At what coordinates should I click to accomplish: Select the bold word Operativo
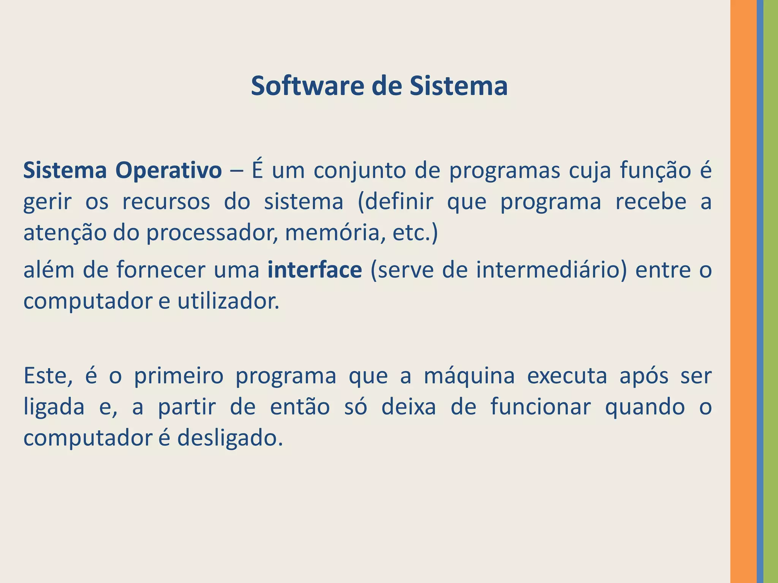pos(168,170)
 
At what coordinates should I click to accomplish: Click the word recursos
pos(166,202)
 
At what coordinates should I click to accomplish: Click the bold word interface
pos(315,270)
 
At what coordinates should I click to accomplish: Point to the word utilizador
pos(228,301)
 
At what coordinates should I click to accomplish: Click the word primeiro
pos(179,376)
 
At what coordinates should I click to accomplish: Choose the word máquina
pos(469,376)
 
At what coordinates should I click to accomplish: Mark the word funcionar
pos(540,407)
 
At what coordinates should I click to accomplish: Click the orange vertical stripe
pos(743,291)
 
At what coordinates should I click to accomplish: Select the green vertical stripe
pos(771,291)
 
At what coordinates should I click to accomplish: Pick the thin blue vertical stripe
pos(760,291)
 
